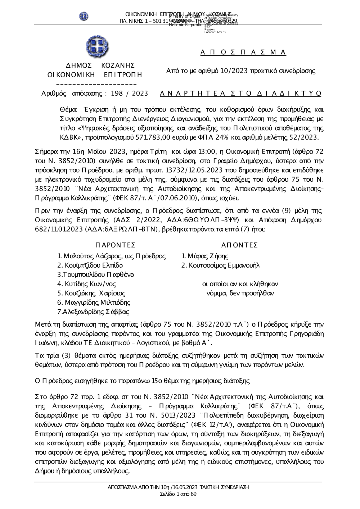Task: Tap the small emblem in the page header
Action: (x=84, y=17)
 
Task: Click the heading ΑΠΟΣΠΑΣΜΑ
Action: (x=243, y=53)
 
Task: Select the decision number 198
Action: (x=117, y=94)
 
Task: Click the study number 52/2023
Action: (x=301, y=137)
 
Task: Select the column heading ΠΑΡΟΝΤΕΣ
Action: (x=116, y=245)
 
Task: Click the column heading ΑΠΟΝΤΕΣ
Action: (x=239, y=245)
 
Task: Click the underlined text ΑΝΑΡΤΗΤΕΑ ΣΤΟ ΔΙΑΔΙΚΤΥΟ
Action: (x=240, y=94)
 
